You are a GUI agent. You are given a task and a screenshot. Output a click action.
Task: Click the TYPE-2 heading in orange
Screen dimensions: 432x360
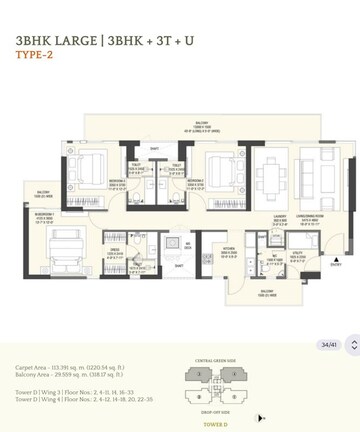coord(35,55)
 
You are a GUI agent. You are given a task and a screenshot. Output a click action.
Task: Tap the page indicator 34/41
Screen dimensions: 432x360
coord(327,345)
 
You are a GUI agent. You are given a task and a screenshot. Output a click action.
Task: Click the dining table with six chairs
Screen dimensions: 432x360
coord(269,178)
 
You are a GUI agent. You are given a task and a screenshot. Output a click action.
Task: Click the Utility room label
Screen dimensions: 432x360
coord(297,258)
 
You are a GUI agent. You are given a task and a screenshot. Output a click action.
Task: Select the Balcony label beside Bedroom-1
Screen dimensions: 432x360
coord(43,193)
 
